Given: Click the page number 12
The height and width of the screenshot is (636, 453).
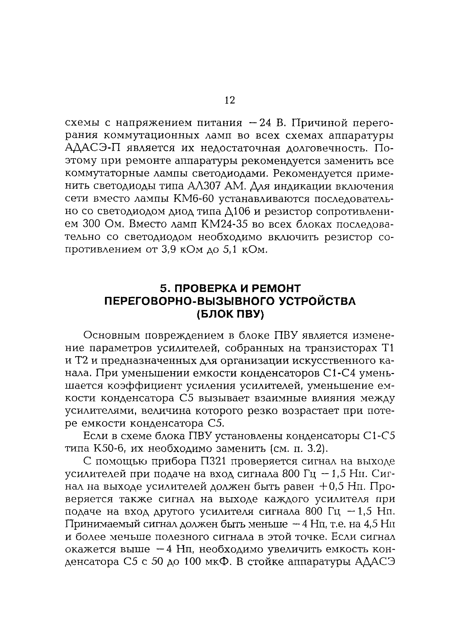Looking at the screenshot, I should (x=230, y=100).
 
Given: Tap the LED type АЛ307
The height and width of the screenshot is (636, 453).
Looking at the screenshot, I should (x=204, y=185).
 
